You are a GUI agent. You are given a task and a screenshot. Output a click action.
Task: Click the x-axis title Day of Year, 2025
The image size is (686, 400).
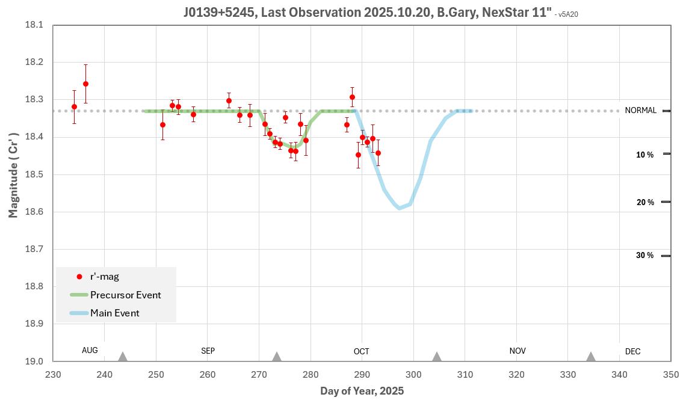click(x=362, y=391)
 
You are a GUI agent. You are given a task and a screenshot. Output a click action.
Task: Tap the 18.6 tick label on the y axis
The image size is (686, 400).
click(x=34, y=212)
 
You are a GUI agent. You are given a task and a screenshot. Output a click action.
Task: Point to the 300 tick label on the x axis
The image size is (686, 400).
click(x=413, y=375)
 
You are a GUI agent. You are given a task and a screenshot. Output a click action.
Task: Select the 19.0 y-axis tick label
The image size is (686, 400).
click(x=34, y=361)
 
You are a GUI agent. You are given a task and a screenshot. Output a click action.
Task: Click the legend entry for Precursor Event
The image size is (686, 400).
click(x=125, y=295)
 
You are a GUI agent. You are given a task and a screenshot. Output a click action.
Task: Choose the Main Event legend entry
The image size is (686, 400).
click(x=114, y=313)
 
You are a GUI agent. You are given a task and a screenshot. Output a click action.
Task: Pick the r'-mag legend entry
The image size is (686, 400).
click(x=104, y=277)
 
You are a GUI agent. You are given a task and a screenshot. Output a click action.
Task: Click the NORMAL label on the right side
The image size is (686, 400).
click(x=640, y=111)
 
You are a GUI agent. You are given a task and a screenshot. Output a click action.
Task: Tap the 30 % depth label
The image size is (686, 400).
click(x=644, y=256)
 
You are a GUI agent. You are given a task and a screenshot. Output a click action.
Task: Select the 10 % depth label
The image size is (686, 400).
click(x=644, y=155)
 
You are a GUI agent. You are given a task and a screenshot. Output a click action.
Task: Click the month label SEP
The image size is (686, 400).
click(x=208, y=351)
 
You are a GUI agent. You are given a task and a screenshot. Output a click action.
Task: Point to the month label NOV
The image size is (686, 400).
click(x=517, y=351)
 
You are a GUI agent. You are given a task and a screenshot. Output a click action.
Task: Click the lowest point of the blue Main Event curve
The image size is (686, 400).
click(x=399, y=208)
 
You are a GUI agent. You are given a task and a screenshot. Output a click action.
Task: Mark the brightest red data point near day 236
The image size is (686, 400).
click(x=85, y=84)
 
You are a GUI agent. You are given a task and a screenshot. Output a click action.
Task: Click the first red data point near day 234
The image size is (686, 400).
click(x=74, y=106)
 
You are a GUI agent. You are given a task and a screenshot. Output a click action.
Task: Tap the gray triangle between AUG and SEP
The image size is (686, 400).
click(x=123, y=357)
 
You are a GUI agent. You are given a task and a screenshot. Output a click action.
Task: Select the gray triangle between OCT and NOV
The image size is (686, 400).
click(x=437, y=357)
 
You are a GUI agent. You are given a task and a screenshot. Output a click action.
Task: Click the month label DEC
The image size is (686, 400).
click(x=632, y=351)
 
